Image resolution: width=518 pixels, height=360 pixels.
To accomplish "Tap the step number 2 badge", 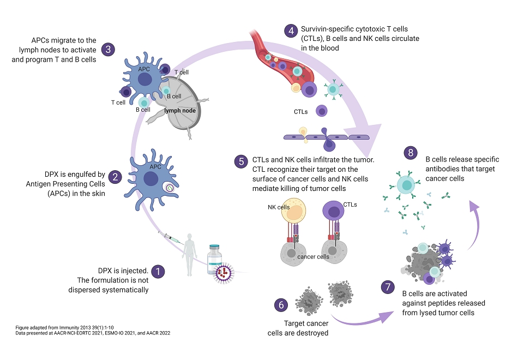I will point(114,176).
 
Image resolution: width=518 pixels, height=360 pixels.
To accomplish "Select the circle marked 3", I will point(109,50).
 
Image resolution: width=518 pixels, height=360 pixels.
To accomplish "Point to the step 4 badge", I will point(291,30).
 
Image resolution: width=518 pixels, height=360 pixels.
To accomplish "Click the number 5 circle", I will point(242,161).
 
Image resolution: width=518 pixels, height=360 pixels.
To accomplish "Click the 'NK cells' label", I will point(279,207).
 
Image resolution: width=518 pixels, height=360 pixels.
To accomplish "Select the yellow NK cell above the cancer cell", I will point(294,211).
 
